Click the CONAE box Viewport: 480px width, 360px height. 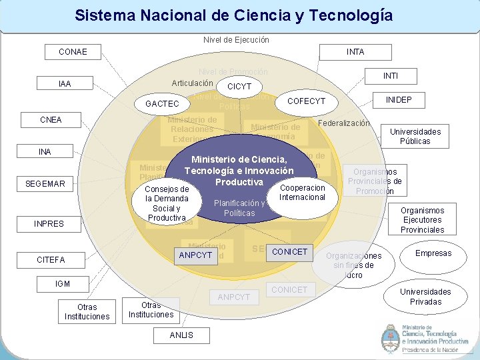click(73, 51)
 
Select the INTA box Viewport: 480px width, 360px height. click(355, 51)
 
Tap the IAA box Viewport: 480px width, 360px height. click(65, 84)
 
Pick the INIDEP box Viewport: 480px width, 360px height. click(399, 100)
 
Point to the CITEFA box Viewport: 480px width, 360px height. click(51, 259)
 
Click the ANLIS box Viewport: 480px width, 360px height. click(181, 335)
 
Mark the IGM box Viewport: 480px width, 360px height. click(63, 284)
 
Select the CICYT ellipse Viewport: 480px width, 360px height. click(239, 87)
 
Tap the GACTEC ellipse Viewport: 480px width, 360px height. click(162, 104)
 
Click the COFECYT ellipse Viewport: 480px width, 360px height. click(307, 101)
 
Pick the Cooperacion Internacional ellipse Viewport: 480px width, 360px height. click(302, 193)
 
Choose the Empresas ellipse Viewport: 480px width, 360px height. click(433, 253)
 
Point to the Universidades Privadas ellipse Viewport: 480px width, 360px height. click(425, 297)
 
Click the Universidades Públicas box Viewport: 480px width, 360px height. click(415, 137)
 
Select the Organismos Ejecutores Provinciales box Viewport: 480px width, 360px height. click(422, 220)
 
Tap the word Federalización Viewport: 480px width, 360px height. click(344, 123)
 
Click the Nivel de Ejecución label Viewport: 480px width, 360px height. click(236, 40)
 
